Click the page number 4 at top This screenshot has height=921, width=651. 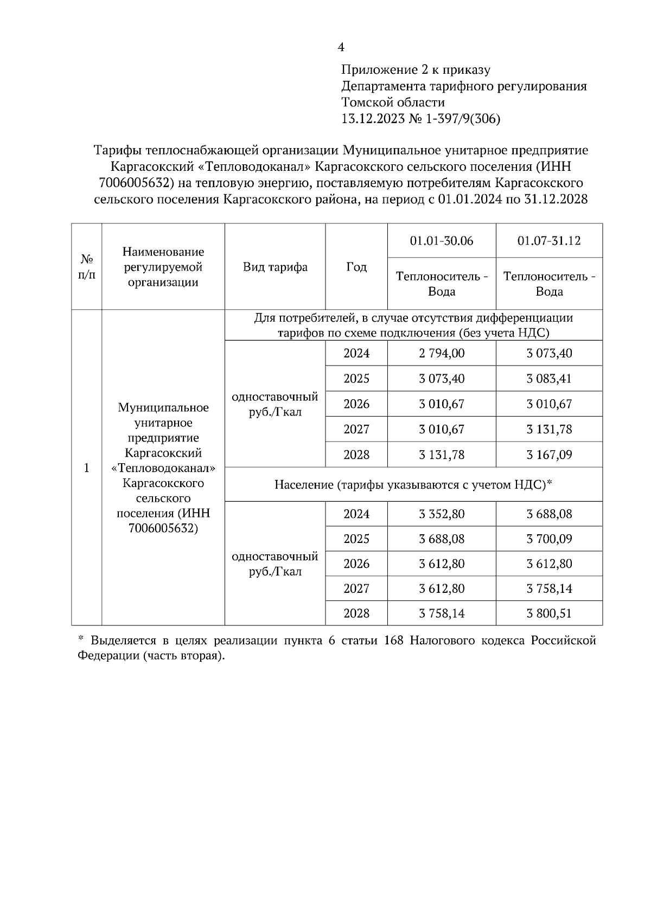[x=341, y=48]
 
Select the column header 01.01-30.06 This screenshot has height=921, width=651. [x=441, y=241]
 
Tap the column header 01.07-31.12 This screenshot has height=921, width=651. [x=548, y=241]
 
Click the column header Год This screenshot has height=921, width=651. [x=356, y=267]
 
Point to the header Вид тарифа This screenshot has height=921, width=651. [x=275, y=267]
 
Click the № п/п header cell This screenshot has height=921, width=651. [x=87, y=267]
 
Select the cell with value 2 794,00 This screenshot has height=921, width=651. [x=441, y=354]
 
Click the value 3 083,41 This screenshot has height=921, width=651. [x=548, y=379]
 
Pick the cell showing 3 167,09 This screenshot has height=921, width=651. [x=548, y=455]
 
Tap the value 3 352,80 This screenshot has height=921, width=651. [x=441, y=514]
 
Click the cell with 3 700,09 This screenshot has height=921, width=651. [x=548, y=539]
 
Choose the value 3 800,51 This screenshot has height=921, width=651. [x=548, y=613]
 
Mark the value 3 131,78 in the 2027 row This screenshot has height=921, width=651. [x=548, y=430]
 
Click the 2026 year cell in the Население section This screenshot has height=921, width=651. [x=356, y=564]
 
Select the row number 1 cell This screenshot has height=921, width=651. [x=87, y=468]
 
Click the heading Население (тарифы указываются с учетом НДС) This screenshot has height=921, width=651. [x=413, y=484]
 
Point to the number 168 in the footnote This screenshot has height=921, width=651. [x=393, y=641]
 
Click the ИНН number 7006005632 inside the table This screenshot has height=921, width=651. [x=163, y=528]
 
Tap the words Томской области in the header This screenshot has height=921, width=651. [x=393, y=103]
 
